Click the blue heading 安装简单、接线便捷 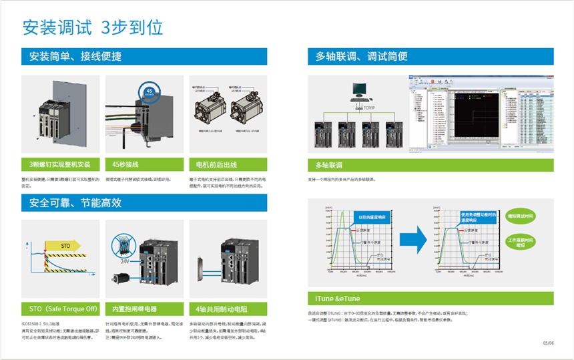point(75,56)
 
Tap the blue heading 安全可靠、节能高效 point(75,202)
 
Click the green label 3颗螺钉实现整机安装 point(60,164)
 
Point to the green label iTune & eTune point(338,299)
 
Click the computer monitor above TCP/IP point(360,89)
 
